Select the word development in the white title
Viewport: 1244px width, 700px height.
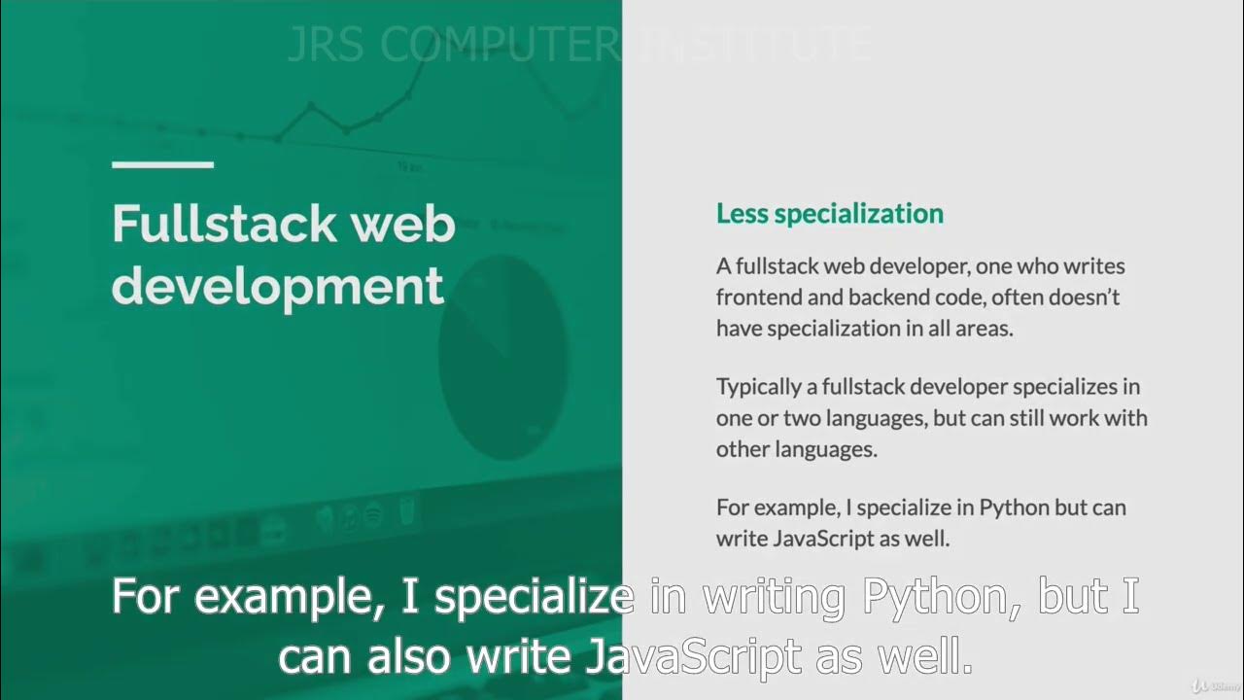[278, 287]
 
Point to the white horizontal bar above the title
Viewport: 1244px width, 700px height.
[162, 164]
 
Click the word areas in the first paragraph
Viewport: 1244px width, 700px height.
[985, 329]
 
